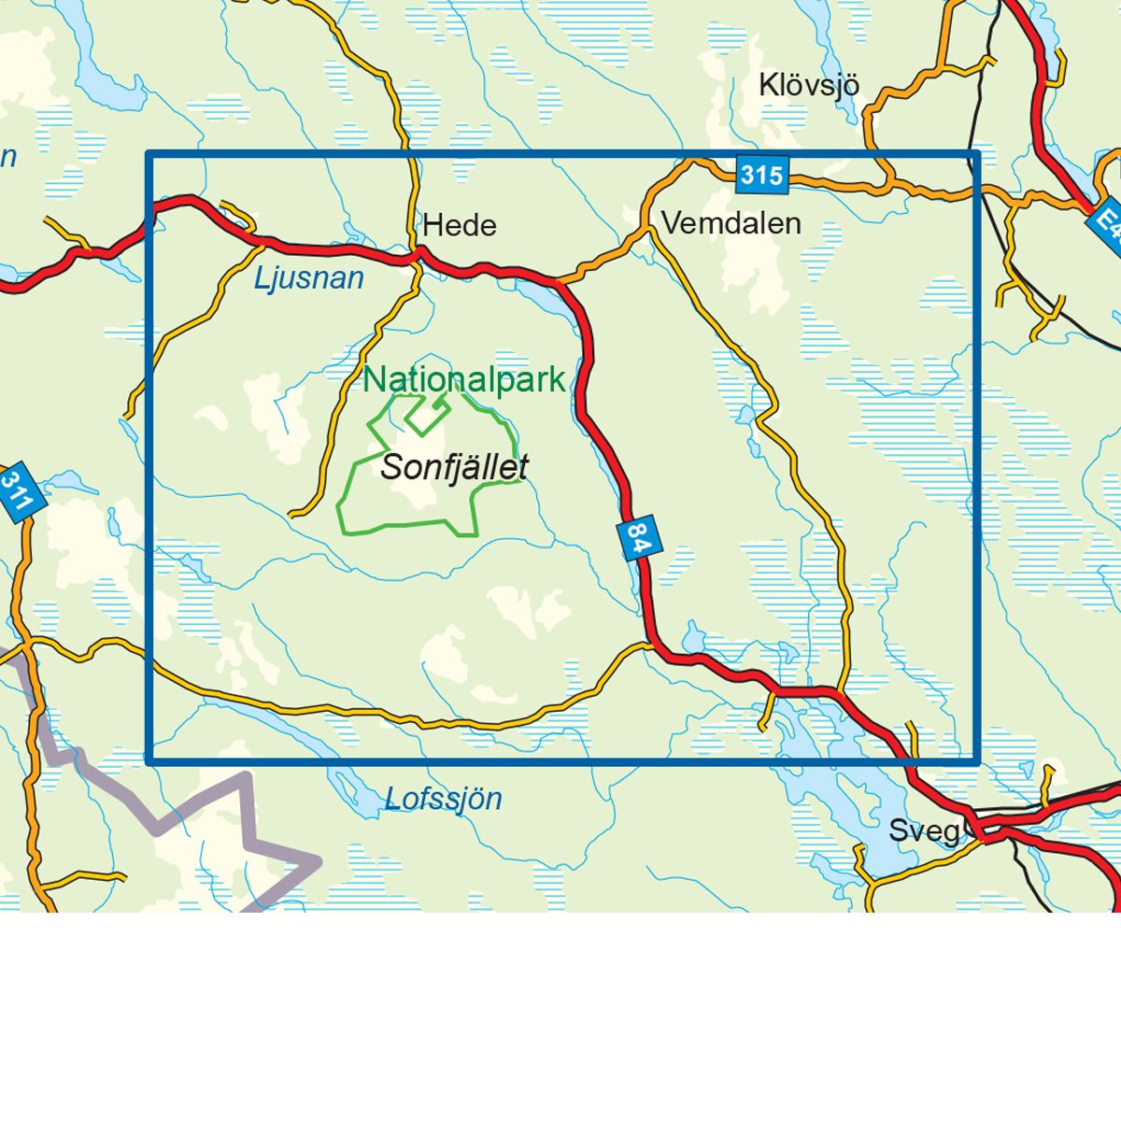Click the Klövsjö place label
pyautogui.click(x=808, y=86)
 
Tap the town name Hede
pyautogui.click(x=459, y=226)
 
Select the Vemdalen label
pyautogui.click(x=731, y=223)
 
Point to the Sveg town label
pyautogui.click(x=923, y=830)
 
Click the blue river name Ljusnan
pyautogui.click(x=308, y=278)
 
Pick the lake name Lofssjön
pyautogui.click(x=443, y=800)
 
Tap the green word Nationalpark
pyautogui.click(x=464, y=380)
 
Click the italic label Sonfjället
pyautogui.click(x=454, y=467)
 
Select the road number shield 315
pyautogui.click(x=762, y=175)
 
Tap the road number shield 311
pyautogui.click(x=16, y=490)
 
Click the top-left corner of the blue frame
pyautogui.click(x=149, y=154)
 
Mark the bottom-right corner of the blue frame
pyautogui.click(x=976, y=761)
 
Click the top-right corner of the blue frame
pyautogui.click(x=976, y=154)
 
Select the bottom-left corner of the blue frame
pyautogui.click(x=149, y=761)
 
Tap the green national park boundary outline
pyautogui.click(x=349, y=486)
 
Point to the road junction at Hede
pyautogui.click(x=418, y=254)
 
